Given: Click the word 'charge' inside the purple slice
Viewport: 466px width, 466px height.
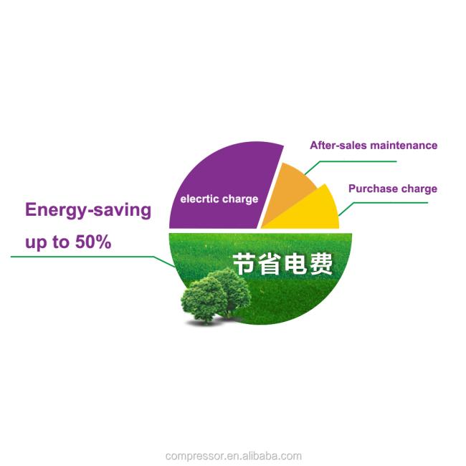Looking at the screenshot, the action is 240,199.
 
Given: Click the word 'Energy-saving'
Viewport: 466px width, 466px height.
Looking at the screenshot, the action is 88,211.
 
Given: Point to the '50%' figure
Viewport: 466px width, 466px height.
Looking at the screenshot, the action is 93,242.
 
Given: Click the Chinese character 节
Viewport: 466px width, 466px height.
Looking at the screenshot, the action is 244,264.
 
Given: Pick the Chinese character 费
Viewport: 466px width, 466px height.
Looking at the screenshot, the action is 320,264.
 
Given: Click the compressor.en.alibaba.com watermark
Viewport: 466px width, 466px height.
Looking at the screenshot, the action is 233,455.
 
